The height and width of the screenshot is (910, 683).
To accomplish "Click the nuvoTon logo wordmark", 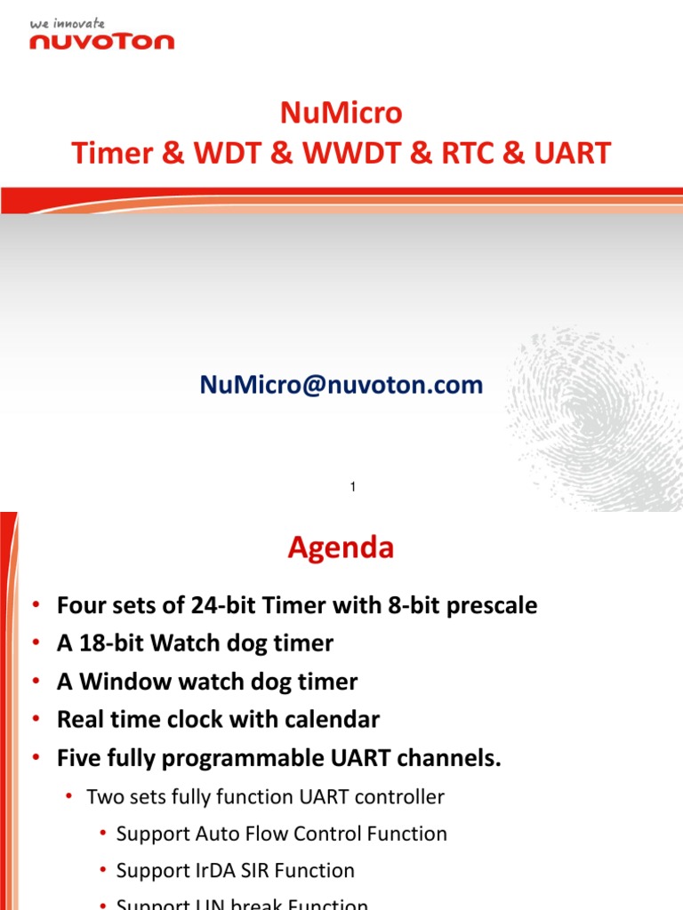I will tap(101, 40).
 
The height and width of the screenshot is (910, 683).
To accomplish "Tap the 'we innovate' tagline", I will tap(68, 23).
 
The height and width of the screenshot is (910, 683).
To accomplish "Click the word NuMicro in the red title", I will tap(341, 114).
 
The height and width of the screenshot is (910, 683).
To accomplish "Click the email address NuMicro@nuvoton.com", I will tap(341, 385).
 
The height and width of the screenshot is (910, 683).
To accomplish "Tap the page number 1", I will tap(353, 487).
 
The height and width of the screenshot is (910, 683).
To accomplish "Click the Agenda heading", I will tap(341, 548).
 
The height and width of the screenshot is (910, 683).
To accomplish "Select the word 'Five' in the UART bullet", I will tap(78, 758).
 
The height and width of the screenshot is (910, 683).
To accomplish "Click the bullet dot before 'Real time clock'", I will tap(36, 720).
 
